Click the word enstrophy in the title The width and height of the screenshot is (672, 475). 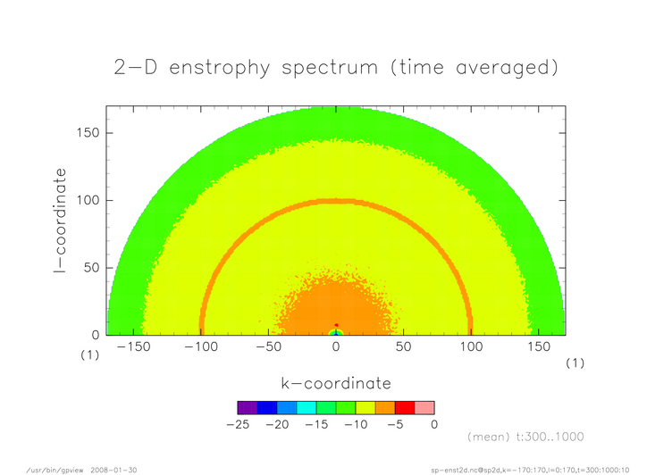[x=220, y=68]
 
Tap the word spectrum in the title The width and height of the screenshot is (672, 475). [x=330, y=69]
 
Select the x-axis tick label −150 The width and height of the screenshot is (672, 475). [x=133, y=346]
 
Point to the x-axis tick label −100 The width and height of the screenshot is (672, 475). [x=201, y=346]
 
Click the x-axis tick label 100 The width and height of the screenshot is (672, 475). [x=472, y=346]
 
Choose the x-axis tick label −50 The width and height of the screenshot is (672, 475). [x=269, y=346]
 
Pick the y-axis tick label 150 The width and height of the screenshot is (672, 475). [x=88, y=133]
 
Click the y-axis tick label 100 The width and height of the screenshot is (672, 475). [x=88, y=200]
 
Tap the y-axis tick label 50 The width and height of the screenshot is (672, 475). [x=92, y=268]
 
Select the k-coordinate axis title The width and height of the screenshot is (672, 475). [x=336, y=383]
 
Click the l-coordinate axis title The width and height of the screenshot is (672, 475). [x=61, y=221]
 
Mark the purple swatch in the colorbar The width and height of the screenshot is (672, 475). [x=248, y=408]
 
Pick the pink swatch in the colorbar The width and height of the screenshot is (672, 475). [x=424, y=408]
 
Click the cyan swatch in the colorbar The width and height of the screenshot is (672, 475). [x=307, y=408]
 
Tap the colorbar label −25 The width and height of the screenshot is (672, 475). [x=238, y=424]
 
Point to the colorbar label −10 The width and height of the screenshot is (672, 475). [x=357, y=424]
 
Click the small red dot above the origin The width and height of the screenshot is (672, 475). [x=336, y=325]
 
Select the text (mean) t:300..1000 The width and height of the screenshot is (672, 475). [x=525, y=437]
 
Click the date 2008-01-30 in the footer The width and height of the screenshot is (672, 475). [x=113, y=471]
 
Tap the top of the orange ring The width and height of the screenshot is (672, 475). [x=336, y=201]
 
